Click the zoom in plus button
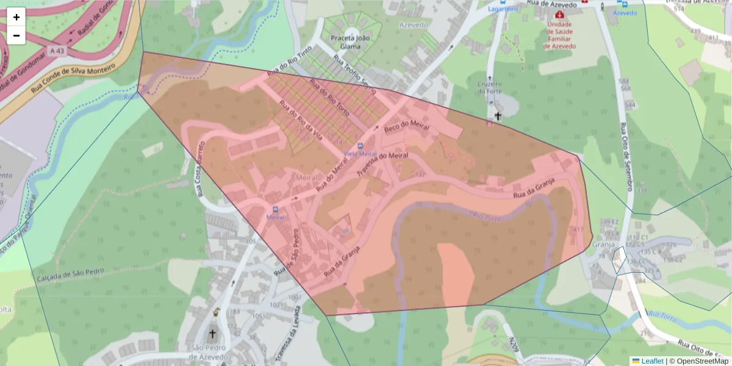[16, 17]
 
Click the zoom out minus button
[16, 35]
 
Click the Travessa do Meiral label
[382, 165]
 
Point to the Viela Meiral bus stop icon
[360, 146]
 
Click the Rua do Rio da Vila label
[300, 120]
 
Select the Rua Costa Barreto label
[199, 168]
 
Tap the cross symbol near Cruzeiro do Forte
[497, 115]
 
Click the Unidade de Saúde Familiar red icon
[559, 13]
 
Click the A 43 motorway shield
[57, 50]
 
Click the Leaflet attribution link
[651, 361]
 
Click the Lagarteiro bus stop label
[503, 9]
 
